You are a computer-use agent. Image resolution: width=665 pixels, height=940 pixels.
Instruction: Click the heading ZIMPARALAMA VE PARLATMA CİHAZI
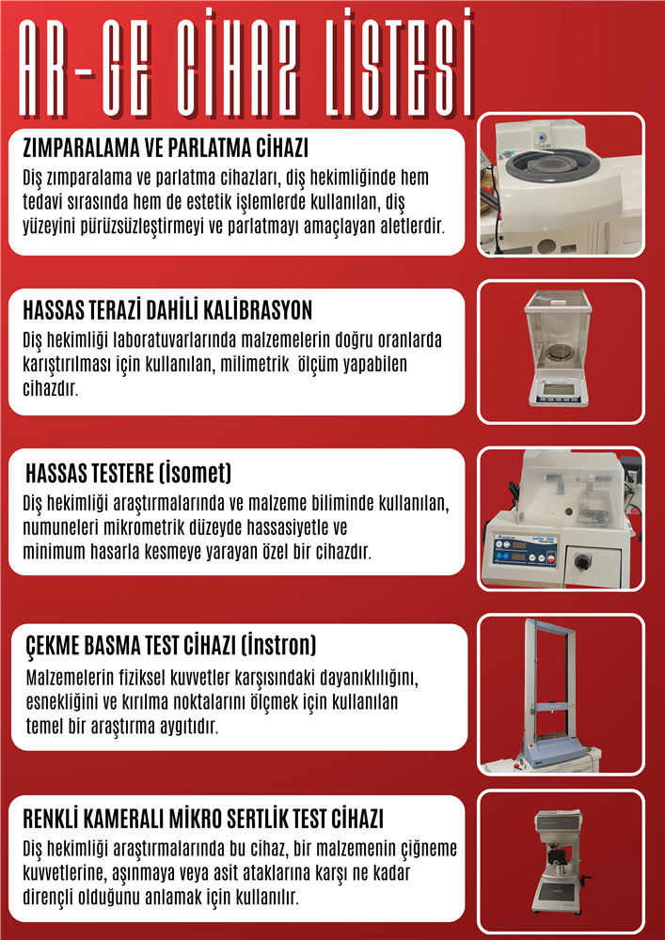pos(166,148)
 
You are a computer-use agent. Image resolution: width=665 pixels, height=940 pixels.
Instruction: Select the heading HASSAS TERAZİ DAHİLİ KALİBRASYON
pos(167,310)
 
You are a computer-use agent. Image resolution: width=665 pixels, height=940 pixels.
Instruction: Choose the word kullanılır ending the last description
pos(266,898)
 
